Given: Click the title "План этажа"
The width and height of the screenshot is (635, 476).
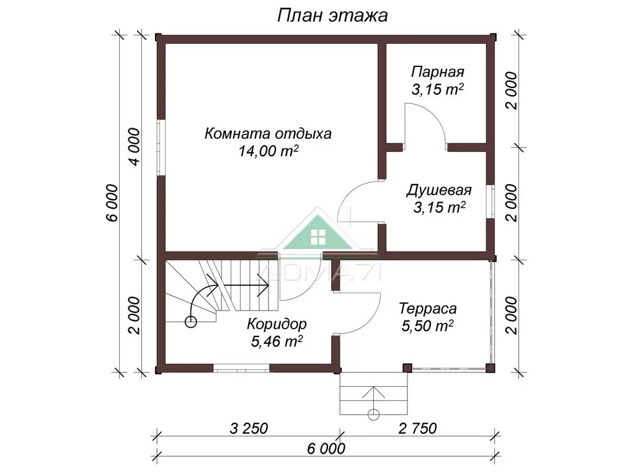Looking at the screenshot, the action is [x=332, y=15].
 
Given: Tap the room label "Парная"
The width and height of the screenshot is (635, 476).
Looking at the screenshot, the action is [x=437, y=72].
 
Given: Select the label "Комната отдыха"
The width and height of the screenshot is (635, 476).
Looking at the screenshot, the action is [x=268, y=133].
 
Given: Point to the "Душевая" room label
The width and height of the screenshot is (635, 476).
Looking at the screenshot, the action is [x=438, y=190].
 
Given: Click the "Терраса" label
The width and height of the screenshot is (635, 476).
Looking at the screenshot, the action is [x=428, y=309].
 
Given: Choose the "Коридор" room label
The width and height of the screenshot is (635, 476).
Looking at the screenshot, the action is [x=277, y=324].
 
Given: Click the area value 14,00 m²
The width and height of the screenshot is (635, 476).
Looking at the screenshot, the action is [x=269, y=151].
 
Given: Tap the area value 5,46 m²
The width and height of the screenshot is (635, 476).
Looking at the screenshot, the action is [x=277, y=342].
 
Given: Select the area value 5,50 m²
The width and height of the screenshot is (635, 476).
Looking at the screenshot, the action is [x=427, y=326].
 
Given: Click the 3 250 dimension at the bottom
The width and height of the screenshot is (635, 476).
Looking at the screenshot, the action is [x=249, y=428].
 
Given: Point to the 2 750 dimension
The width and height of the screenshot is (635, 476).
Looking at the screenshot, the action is [x=417, y=428].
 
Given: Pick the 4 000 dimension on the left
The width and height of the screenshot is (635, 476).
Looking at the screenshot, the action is [x=135, y=146].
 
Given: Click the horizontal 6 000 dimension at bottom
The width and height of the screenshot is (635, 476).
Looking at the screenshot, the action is [x=326, y=449].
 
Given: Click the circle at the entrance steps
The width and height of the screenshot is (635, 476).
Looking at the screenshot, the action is [x=373, y=415].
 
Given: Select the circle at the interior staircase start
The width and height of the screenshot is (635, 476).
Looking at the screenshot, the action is [x=190, y=322].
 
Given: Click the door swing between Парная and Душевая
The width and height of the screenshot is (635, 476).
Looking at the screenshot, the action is [x=425, y=121].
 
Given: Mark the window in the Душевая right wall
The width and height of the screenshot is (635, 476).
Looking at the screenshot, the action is [x=491, y=201].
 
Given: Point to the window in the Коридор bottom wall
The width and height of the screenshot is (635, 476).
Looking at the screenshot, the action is [x=241, y=368].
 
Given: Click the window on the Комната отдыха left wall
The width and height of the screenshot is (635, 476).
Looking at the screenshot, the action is [x=161, y=148].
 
